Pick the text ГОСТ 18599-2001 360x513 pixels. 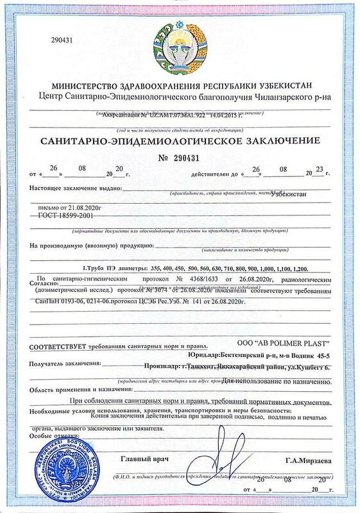click(x=56, y=219)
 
